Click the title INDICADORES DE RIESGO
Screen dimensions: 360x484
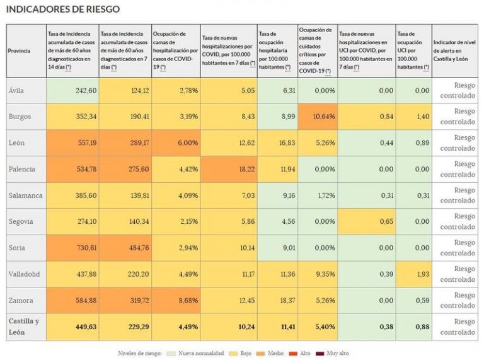pos(62,9)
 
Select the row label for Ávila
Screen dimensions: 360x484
pos(16,90)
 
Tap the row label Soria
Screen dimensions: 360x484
pos(17,248)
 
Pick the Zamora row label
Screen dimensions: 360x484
pos(21,301)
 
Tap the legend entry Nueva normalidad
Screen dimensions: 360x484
pos(200,353)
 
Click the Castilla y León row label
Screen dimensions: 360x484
pos(24,327)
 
